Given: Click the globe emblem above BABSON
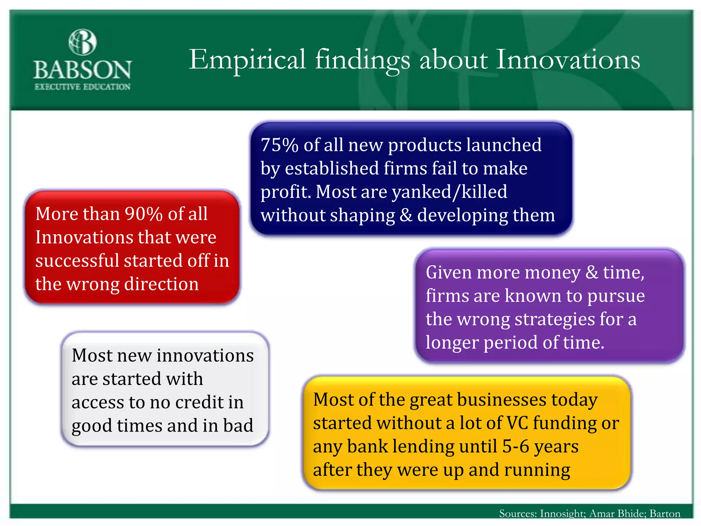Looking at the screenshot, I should tap(82, 42).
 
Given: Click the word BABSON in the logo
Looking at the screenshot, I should tap(82, 70).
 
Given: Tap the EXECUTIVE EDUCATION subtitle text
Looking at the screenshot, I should tap(82, 87).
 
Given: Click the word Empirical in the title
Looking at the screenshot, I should tap(247, 60).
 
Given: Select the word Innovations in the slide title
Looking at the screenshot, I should tap(568, 60).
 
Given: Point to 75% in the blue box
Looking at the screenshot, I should tap(279, 145).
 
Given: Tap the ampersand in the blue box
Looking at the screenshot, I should tap(406, 215).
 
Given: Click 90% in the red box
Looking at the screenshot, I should tap(143, 214).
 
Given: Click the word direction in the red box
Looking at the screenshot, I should tap(161, 284).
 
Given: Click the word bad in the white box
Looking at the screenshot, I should tap(238, 426).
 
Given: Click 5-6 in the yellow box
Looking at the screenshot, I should tap(515, 447).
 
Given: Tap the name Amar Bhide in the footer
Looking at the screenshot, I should tap(617, 514).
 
